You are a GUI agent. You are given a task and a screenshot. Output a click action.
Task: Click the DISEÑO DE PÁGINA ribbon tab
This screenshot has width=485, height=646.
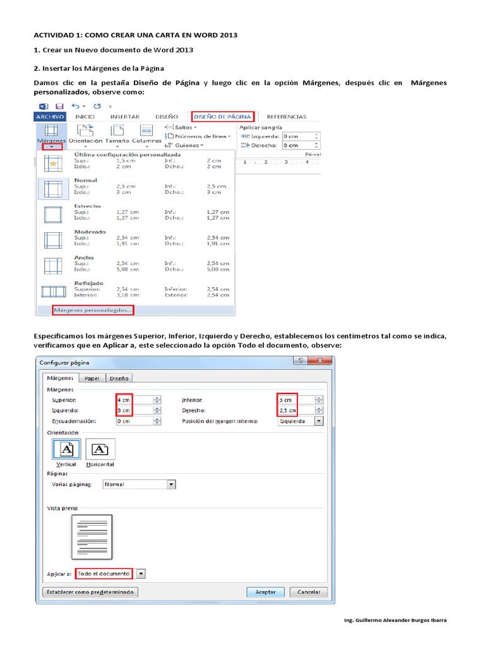(224, 116)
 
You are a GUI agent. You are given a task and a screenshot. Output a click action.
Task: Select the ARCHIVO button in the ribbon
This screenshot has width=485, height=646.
(50, 117)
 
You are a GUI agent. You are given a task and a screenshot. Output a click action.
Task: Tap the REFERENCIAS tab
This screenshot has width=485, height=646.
(286, 117)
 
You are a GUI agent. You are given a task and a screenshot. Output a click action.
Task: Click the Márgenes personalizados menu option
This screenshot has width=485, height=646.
(93, 310)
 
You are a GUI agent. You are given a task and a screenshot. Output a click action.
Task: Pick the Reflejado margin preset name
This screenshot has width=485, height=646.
(88, 283)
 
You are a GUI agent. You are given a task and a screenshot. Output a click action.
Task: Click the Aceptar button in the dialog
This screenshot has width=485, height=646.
(265, 592)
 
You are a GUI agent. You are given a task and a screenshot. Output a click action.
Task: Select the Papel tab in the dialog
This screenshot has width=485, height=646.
(92, 379)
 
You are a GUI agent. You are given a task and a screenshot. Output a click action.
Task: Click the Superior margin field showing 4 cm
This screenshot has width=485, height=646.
(133, 400)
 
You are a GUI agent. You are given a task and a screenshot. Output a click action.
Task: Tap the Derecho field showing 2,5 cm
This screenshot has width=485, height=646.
(294, 411)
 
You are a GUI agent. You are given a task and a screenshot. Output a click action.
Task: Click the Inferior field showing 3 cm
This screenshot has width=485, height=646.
(294, 400)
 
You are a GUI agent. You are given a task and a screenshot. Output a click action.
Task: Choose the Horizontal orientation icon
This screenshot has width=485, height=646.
(100, 449)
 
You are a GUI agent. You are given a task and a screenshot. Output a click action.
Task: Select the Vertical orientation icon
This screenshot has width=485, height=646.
(66, 449)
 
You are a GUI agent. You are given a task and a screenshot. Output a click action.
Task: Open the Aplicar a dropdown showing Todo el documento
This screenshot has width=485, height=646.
(141, 573)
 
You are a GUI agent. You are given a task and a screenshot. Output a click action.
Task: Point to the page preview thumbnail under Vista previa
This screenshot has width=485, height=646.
(92, 537)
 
